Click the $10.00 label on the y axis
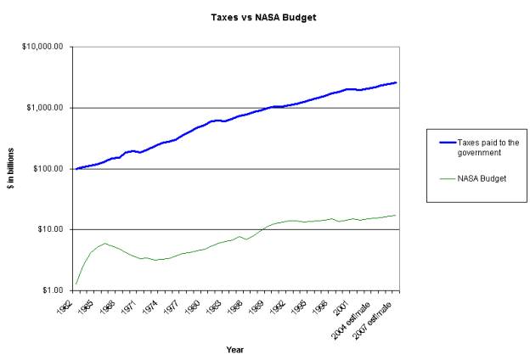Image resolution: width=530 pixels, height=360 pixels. coord(51,229)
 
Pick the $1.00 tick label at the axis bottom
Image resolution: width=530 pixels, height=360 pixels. coord(53,290)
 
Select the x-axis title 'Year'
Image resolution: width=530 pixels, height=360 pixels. coord(235,349)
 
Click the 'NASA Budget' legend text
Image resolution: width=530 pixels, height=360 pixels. coord(482,178)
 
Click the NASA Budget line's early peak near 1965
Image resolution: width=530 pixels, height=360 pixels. coord(104,244)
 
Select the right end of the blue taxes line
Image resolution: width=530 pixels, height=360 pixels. coord(396,82)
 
